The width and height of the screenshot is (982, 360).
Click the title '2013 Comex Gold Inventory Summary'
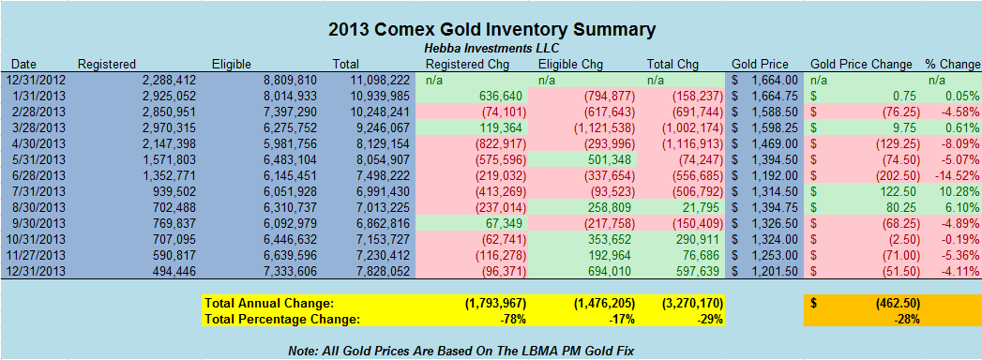pos(491,29)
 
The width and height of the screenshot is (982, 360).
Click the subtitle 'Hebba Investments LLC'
pos(491,49)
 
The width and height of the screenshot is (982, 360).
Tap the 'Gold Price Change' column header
pos(861,65)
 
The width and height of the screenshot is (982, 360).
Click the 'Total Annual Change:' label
pos(270,304)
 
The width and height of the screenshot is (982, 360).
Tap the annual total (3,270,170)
pos(687,304)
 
